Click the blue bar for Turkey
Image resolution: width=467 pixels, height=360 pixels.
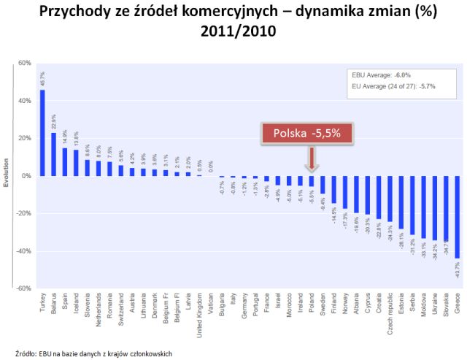42,133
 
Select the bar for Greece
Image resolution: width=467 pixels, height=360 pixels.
458,216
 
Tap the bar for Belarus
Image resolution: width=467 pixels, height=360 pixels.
53,154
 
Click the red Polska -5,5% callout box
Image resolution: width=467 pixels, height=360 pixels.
312,133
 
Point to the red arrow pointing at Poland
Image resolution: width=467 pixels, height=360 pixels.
312,158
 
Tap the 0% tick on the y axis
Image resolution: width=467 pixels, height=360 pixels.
26,176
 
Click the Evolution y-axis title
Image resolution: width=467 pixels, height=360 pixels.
6,176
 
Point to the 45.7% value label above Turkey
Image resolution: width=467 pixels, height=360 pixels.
42,80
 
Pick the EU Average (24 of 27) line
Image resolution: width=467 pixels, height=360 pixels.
394,86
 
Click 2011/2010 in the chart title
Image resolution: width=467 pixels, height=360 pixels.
233,33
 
